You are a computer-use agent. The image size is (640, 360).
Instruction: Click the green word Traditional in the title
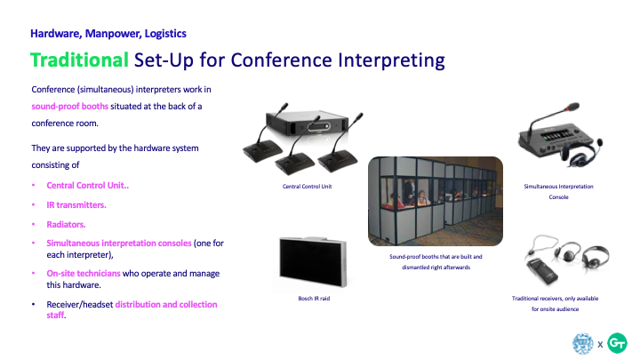[x=80, y=60]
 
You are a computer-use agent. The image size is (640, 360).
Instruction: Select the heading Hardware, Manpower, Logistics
[x=108, y=34]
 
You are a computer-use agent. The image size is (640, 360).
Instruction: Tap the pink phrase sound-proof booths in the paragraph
[x=70, y=106]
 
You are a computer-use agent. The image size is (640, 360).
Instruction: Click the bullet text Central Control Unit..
[x=87, y=185]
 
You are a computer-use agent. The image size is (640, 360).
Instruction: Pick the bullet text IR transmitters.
[x=76, y=205]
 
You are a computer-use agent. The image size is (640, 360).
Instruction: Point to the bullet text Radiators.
[x=66, y=225]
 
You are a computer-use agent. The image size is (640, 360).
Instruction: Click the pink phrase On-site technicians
[x=84, y=273]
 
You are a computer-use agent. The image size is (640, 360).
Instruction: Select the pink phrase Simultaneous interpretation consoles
[x=119, y=244]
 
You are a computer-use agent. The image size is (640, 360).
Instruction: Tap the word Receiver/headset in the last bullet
[x=80, y=305]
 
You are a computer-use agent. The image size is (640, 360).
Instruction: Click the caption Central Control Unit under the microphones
[x=308, y=187]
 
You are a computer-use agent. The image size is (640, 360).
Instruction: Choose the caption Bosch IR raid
[x=314, y=299]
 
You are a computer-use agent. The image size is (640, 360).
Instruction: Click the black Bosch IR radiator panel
[x=313, y=262]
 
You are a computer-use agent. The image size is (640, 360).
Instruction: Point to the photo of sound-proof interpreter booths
[x=436, y=201]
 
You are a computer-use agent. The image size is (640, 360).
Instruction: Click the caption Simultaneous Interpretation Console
[x=558, y=191]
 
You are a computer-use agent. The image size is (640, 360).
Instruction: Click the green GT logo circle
[x=617, y=343]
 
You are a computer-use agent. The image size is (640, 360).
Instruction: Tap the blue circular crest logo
[x=583, y=343]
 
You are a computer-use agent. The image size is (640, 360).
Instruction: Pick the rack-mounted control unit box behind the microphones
[x=307, y=122]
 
